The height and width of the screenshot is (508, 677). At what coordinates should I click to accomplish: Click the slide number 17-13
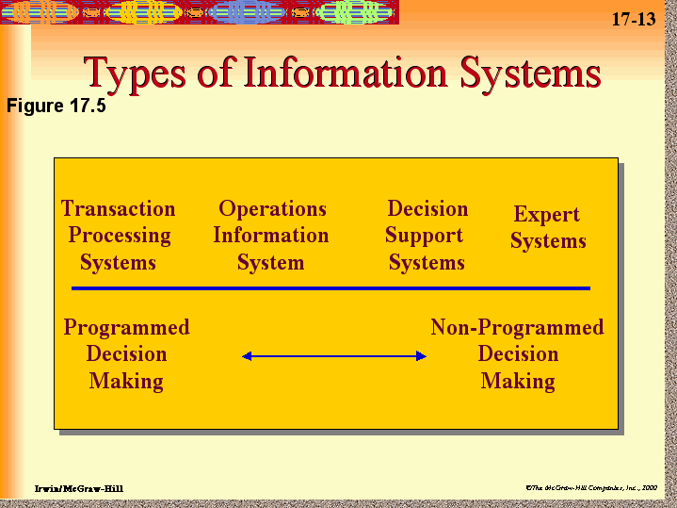(x=633, y=20)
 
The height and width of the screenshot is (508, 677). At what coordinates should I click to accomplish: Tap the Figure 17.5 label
(x=56, y=106)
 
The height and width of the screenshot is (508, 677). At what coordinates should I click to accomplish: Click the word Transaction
(x=119, y=208)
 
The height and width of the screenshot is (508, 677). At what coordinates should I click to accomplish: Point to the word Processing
(x=120, y=235)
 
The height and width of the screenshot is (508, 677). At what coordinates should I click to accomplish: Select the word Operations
(x=272, y=208)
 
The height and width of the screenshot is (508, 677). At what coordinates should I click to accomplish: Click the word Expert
(x=546, y=214)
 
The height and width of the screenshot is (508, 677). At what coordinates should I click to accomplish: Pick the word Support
(x=425, y=235)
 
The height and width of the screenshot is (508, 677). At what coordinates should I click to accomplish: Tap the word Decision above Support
(x=427, y=208)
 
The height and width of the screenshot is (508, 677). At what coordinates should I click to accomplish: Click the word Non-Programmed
(x=517, y=327)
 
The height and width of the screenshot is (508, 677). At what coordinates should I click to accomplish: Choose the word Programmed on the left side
(x=126, y=327)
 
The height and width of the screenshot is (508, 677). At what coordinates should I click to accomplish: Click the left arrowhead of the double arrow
(x=247, y=355)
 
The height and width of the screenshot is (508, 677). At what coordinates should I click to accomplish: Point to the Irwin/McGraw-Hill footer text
(x=78, y=488)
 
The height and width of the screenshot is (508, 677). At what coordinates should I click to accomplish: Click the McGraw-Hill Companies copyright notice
(x=591, y=487)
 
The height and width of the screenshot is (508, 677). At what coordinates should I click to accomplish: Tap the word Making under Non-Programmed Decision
(x=518, y=381)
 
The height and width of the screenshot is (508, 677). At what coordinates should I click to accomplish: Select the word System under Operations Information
(x=270, y=262)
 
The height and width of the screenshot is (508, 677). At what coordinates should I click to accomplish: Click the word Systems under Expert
(x=548, y=241)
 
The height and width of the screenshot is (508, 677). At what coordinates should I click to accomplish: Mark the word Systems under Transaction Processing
(x=118, y=262)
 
